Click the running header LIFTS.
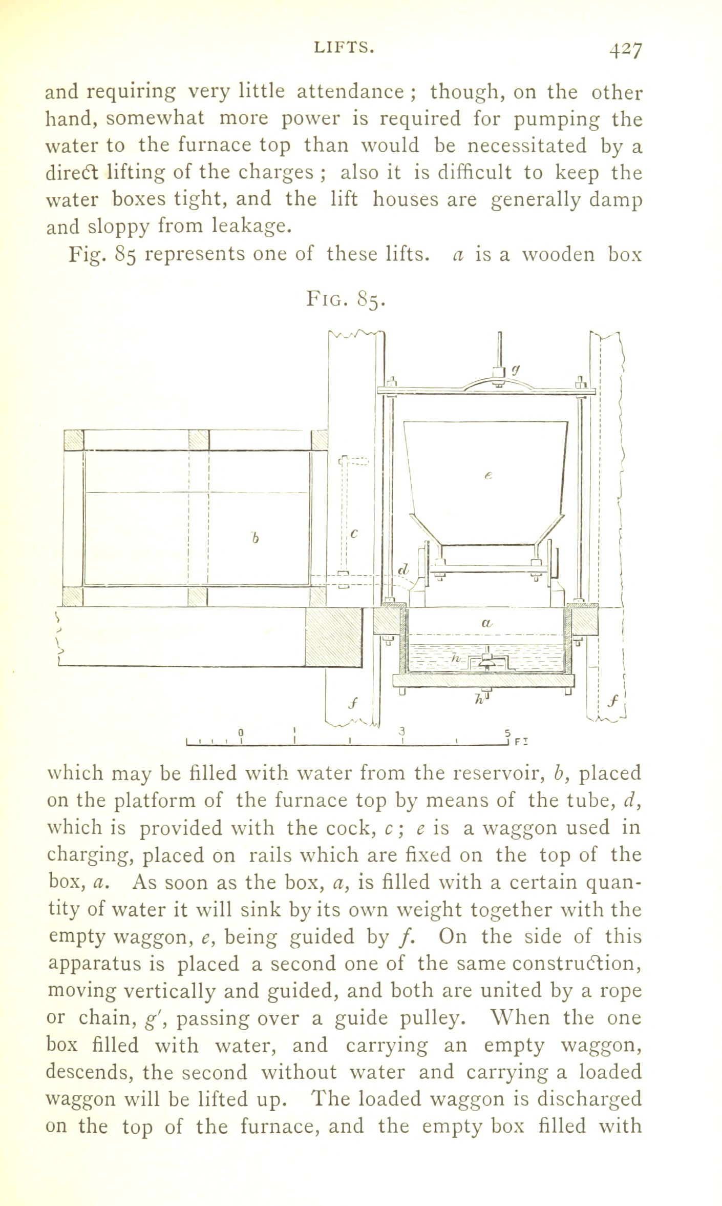pyautogui.click(x=344, y=48)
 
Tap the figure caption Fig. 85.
pyautogui.click(x=345, y=298)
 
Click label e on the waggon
pyautogui.click(x=488, y=476)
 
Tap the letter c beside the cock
pyautogui.click(x=354, y=534)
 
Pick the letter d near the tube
pyautogui.click(x=404, y=569)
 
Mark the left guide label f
pyautogui.click(x=353, y=702)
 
